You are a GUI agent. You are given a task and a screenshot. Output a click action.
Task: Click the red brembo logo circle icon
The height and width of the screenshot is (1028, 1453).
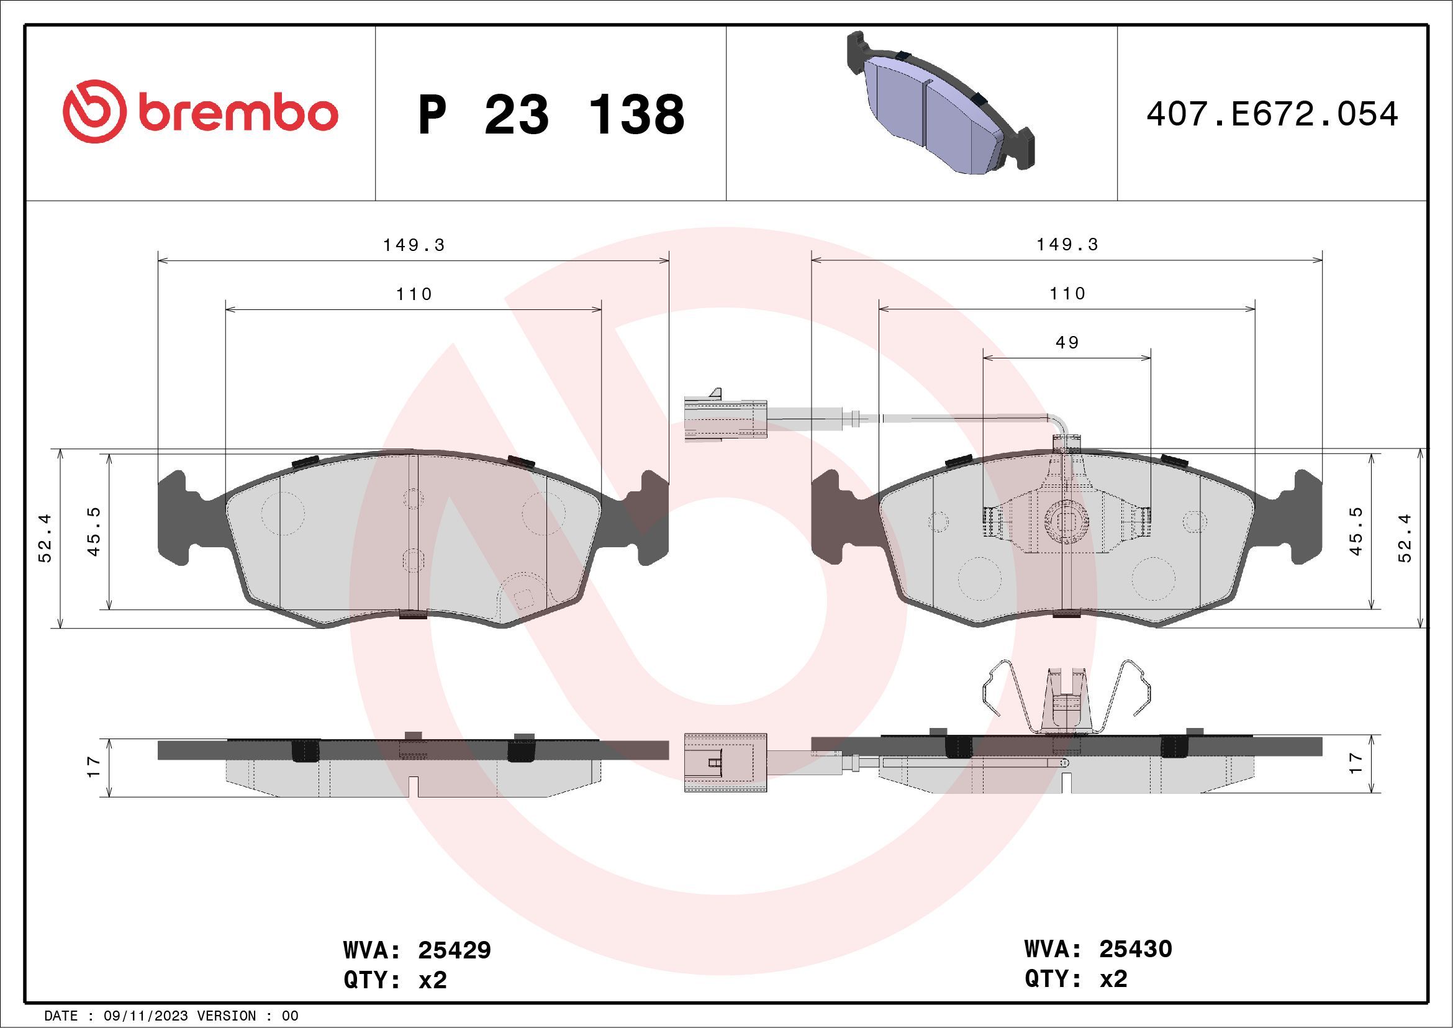[x=92, y=111]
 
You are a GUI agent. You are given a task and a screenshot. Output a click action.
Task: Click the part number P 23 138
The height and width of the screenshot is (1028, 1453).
[x=551, y=114]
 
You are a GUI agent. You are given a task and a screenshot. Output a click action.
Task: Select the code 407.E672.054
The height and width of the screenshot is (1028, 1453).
[x=1272, y=114]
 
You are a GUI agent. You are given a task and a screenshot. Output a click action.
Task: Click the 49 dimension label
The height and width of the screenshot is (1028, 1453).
[x=1067, y=342]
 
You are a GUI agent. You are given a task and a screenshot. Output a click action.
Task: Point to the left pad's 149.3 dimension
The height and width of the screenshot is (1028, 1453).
[x=414, y=245]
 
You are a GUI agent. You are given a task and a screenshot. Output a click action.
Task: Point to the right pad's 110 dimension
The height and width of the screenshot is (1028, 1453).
[x=1067, y=294]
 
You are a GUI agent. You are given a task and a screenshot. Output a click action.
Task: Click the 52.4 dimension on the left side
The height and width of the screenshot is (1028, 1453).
[x=45, y=538]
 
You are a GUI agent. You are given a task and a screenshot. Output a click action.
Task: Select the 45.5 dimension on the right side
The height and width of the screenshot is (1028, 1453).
[x=1356, y=532]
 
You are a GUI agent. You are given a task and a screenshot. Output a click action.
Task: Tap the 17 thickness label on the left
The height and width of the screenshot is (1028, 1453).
[x=94, y=766]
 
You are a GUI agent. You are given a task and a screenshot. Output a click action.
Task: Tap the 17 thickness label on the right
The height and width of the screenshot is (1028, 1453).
[x=1356, y=763]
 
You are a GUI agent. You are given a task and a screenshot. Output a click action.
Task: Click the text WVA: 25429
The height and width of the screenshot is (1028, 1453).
[x=417, y=950]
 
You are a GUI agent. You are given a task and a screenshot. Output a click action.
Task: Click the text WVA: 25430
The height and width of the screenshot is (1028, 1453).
[x=1098, y=949]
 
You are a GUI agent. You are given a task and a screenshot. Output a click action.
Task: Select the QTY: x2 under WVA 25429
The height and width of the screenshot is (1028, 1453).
[x=395, y=980]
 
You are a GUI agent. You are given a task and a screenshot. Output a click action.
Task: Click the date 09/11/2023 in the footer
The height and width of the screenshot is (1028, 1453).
[x=145, y=1016]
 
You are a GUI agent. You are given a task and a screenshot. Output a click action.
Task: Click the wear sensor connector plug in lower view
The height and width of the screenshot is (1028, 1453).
[x=725, y=763]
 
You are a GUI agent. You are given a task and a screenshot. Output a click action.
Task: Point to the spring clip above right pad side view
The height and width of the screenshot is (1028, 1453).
[x=1067, y=699]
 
